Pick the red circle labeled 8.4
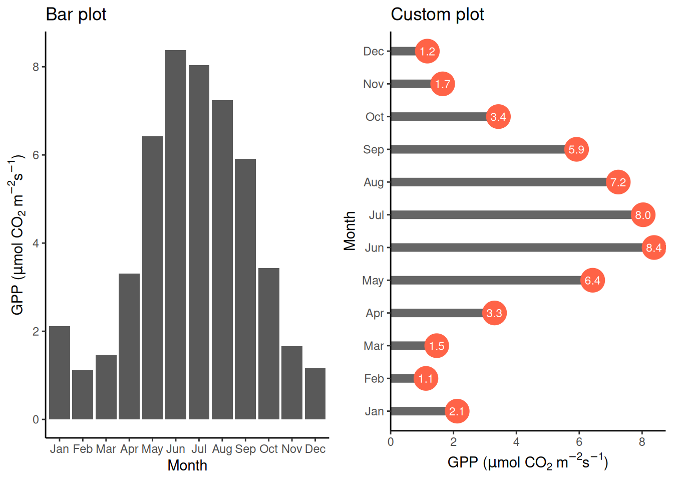click(653, 248)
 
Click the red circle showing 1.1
click(426, 378)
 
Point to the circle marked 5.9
click(576, 149)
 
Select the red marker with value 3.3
click(494, 313)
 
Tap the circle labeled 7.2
click(618, 182)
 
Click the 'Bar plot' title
click(76, 15)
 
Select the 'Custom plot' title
click(437, 15)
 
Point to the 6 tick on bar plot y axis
click(36, 155)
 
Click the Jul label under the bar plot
click(199, 449)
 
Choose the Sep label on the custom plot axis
click(374, 149)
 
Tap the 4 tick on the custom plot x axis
click(516, 441)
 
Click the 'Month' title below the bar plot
click(187, 465)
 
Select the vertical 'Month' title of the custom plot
click(350, 230)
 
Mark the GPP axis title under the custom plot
click(528, 461)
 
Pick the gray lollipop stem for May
click(486, 280)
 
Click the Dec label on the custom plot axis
click(374, 51)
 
